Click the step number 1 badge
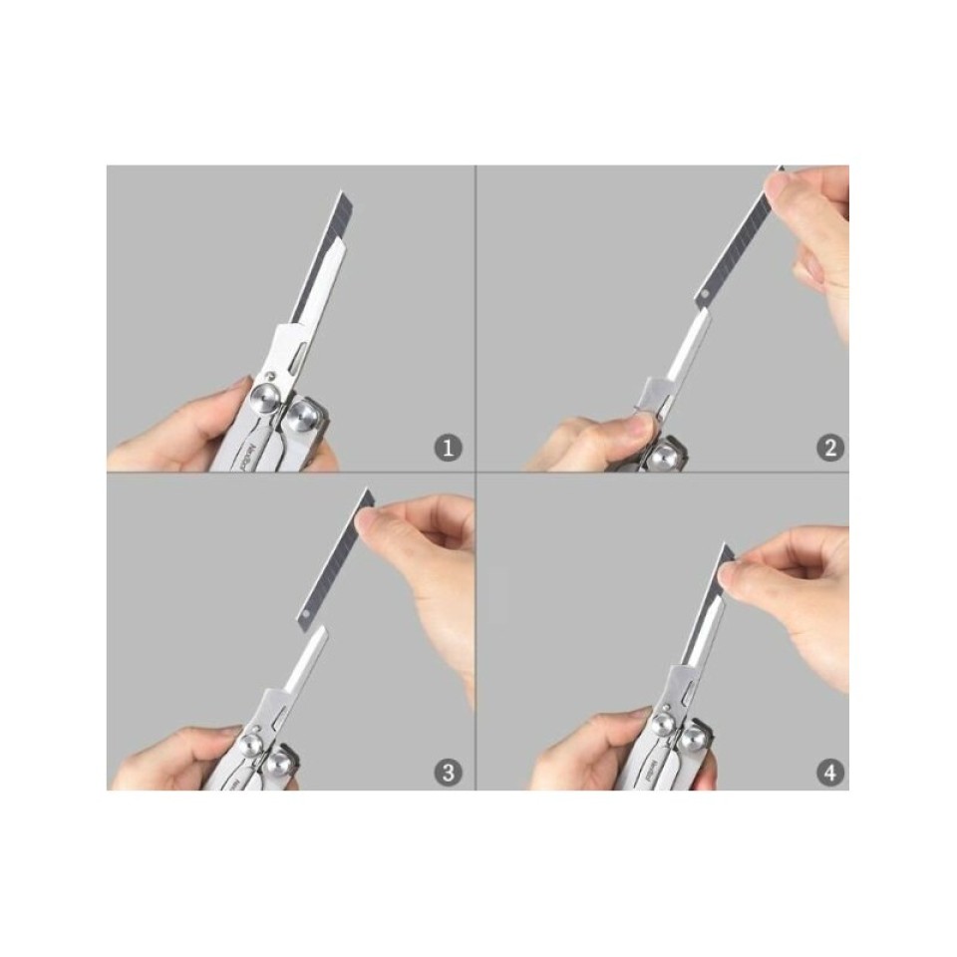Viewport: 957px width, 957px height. [x=449, y=449]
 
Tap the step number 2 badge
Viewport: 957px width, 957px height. [x=829, y=449]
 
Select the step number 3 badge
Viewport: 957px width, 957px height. [x=449, y=771]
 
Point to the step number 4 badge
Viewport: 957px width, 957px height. [x=829, y=771]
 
